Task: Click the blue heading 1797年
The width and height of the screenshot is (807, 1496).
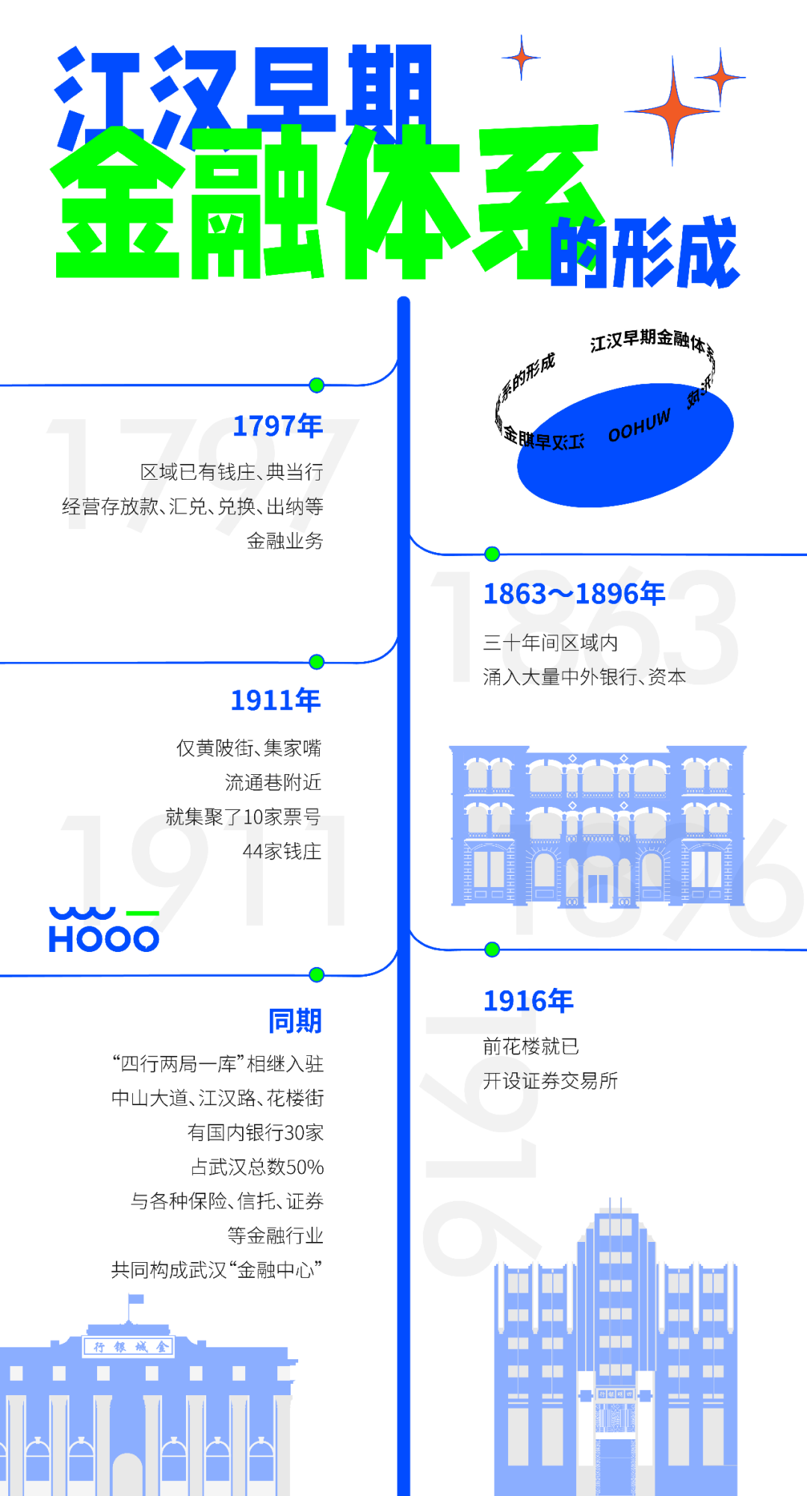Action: click(277, 426)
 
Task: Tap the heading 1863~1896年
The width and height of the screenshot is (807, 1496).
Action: click(574, 594)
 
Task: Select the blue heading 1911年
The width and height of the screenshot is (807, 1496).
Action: click(275, 700)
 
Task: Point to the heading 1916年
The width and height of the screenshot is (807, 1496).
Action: click(528, 1001)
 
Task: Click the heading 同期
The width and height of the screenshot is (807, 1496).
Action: click(294, 1021)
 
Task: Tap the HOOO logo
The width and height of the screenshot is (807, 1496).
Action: click(104, 930)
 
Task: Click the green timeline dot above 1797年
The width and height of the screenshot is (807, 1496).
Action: click(317, 386)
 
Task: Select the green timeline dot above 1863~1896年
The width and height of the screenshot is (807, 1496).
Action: click(492, 554)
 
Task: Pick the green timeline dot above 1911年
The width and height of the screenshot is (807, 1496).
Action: click(317, 662)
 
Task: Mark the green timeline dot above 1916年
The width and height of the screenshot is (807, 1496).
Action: click(492, 950)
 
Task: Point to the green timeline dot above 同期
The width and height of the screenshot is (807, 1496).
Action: click(317, 974)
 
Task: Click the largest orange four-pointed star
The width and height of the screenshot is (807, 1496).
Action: click(672, 111)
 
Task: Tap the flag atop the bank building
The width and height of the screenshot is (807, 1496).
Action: click(135, 1299)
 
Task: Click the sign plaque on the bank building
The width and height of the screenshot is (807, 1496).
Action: click(129, 1347)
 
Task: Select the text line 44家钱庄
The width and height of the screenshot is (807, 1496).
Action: click(282, 851)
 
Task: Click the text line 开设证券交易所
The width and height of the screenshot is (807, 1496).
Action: click(550, 1081)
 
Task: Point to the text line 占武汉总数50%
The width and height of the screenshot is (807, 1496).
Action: click(257, 1167)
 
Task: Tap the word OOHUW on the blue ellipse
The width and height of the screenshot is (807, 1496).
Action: click(639, 426)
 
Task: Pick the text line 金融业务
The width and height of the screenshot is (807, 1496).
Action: click(285, 540)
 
